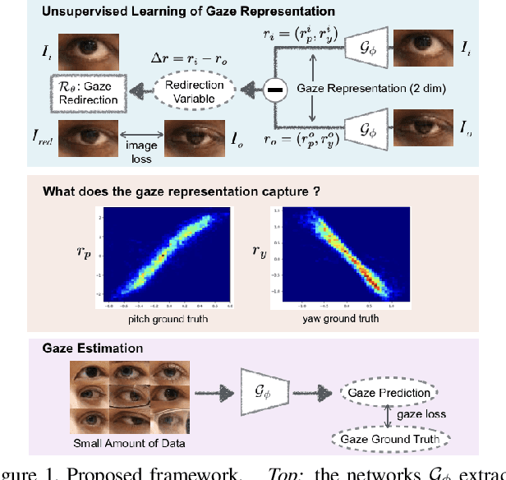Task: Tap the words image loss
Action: pyautogui.click(x=140, y=150)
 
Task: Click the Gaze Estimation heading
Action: pyautogui.click(x=80, y=347)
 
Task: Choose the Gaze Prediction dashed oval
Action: pyautogui.click(x=389, y=392)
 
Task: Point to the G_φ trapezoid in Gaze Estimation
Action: pyautogui.click(x=263, y=392)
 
